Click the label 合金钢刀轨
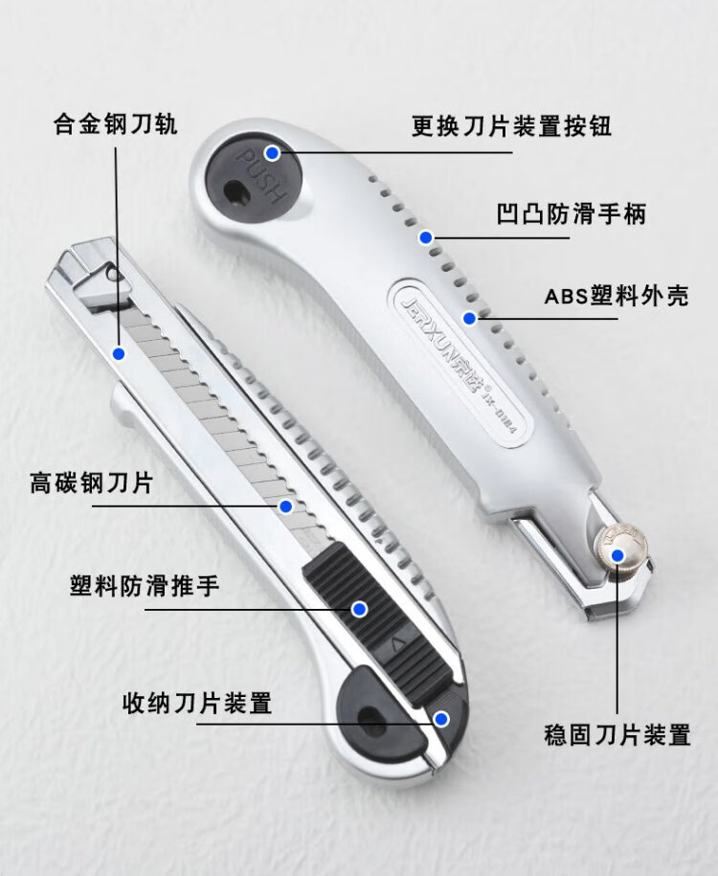pos(115,124)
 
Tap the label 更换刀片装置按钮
pos(511,126)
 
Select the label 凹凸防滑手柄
pos(571,213)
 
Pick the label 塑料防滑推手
pos(145,585)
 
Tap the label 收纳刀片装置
pos(197,704)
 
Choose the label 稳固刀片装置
pos(617,735)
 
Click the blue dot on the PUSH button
pos(273,152)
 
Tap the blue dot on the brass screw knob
pos(617,553)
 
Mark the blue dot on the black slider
pos(359,608)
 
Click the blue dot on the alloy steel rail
pos(119,354)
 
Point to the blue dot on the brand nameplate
pos(469,317)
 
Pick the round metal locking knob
pos(617,554)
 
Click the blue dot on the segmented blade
pos(285,505)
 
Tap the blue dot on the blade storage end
pos(440,718)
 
